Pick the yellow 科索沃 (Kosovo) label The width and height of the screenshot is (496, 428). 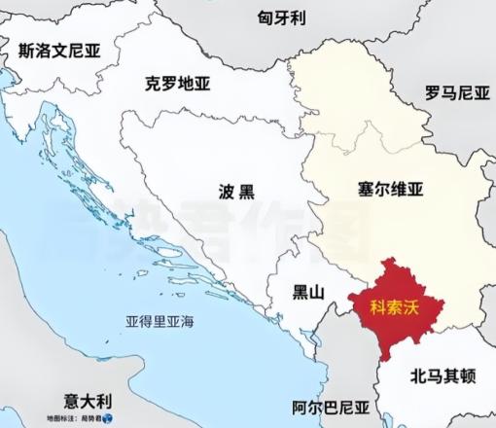click(395, 306)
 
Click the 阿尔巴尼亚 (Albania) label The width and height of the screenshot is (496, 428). click(333, 408)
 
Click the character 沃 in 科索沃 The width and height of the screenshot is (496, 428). click(414, 306)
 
